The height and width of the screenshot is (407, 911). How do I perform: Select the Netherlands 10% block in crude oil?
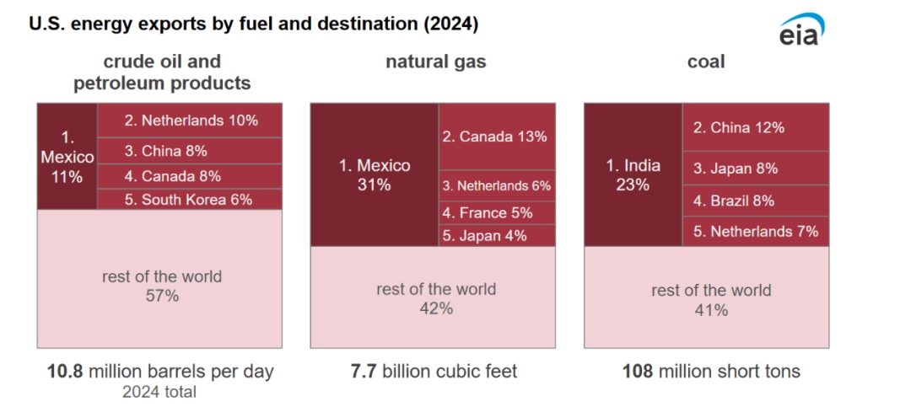point(190,120)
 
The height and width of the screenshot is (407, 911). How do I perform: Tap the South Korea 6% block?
point(190,200)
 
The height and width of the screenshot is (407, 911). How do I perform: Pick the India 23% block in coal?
point(633,174)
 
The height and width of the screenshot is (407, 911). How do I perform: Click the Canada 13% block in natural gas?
point(497,137)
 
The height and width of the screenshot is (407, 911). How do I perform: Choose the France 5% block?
point(497,213)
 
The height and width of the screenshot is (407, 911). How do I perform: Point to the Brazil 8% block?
point(756,201)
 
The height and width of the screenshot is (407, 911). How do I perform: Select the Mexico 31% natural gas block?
point(374,174)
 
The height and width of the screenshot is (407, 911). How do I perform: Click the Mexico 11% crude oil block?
point(67,157)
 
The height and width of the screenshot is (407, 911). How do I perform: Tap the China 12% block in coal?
point(756,127)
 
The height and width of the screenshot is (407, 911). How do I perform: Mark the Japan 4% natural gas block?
point(497,236)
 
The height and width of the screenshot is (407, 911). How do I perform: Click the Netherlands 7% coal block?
point(756,231)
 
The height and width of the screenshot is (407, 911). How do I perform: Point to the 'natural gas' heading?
point(435,62)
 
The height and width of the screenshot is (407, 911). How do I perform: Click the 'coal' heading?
point(706,62)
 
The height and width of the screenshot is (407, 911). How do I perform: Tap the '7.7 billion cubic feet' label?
point(434,371)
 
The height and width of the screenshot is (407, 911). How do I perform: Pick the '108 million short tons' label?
point(711,371)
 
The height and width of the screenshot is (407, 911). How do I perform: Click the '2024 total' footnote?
point(159,392)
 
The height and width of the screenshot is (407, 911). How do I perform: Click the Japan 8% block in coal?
point(756,169)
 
